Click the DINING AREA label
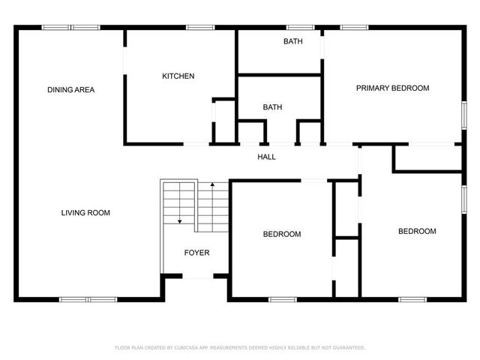click(x=70, y=90)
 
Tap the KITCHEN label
click(x=178, y=76)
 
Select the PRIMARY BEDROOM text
click(x=392, y=88)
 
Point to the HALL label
click(x=266, y=157)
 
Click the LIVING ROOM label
click(x=85, y=213)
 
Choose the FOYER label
click(x=196, y=253)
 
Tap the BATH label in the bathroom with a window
click(x=292, y=41)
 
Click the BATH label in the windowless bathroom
click(x=272, y=107)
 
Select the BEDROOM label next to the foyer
click(x=281, y=234)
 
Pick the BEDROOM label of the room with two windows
click(x=416, y=231)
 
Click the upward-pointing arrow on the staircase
click(x=213, y=185)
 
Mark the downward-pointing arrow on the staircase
click(x=179, y=220)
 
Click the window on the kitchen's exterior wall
click(x=201, y=28)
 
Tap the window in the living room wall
click(x=88, y=299)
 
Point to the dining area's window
click(x=70, y=28)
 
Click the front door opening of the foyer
click(x=198, y=277)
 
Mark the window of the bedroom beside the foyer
click(x=282, y=299)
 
